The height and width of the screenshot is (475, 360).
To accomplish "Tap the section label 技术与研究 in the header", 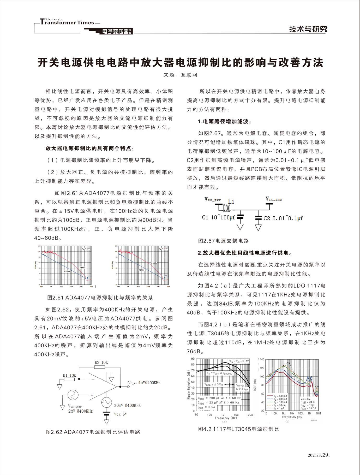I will (x=308, y=29).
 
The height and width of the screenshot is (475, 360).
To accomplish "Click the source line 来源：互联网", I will (x=180, y=75).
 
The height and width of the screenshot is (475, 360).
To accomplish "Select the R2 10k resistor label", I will (x=101, y=362).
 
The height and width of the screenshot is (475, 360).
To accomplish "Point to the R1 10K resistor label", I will (x=69, y=375).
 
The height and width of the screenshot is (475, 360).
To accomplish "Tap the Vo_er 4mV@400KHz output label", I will (x=144, y=383).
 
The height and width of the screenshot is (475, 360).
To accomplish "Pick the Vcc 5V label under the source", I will (x=120, y=414).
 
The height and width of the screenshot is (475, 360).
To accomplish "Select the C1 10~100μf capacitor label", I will (x=218, y=217).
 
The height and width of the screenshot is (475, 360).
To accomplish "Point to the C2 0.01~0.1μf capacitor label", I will (x=283, y=218).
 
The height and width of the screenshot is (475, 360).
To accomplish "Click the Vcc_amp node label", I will (x=274, y=199).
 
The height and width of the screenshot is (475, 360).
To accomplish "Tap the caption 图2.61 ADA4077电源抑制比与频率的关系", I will (x=100, y=298).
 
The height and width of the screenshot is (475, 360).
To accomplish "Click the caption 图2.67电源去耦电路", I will (x=224, y=241).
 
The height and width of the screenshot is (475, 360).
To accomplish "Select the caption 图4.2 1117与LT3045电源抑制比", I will (x=238, y=429).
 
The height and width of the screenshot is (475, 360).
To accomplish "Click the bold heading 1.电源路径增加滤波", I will (x=224, y=121).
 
